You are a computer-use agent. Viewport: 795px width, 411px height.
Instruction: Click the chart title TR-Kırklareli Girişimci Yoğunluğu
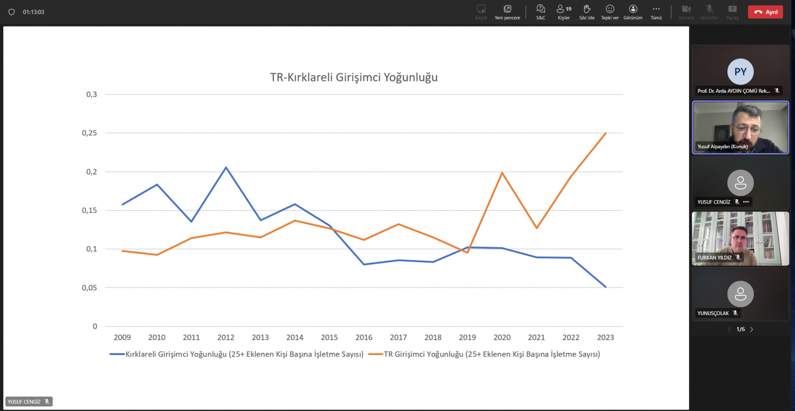click(x=354, y=78)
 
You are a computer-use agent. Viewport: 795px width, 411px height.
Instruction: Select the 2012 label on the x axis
click(x=226, y=337)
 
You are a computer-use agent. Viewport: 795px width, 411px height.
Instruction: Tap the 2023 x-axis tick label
click(x=605, y=337)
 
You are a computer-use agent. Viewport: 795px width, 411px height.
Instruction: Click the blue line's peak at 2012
click(x=226, y=167)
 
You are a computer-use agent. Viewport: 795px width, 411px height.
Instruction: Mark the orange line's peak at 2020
click(x=502, y=173)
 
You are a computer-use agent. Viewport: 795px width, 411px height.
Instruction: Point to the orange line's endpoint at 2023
click(x=605, y=133)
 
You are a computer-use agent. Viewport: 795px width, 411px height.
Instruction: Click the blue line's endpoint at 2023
click(x=605, y=287)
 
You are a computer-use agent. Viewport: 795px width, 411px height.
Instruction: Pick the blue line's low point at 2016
click(x=364, y=264)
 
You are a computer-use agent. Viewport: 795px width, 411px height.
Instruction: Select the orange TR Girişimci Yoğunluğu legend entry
click(x=492, y=354)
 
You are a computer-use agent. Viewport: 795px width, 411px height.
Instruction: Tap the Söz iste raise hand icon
click(x=587, y=9)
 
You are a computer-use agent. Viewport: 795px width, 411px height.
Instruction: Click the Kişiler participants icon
click(x=561, y=9)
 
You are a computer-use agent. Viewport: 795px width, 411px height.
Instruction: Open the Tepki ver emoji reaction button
click(x=610, y=9)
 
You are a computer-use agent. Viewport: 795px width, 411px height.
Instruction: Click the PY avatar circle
click(x=740, y=71)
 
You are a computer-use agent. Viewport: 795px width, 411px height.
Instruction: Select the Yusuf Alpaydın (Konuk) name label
click(x=722, y=147)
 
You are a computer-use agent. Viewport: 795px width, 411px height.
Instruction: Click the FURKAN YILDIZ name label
click(x=714, y=258)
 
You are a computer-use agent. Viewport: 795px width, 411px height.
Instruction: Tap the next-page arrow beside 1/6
click(x=752, y=330)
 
